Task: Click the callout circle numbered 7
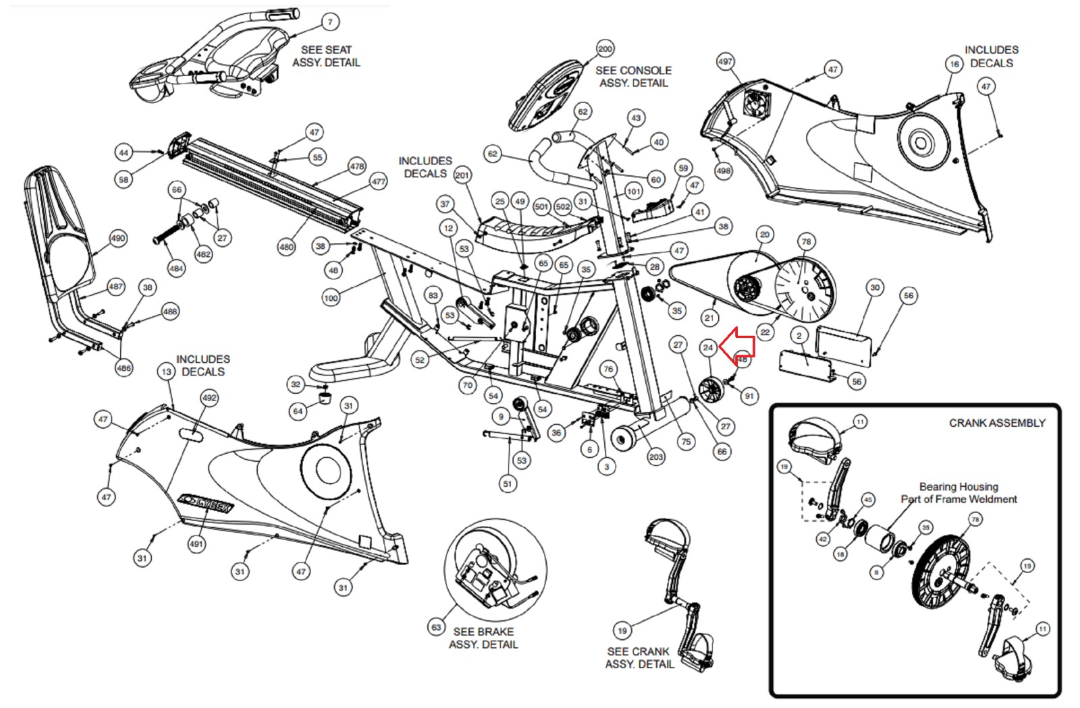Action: (330, 22)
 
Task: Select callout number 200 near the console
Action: (605, 49)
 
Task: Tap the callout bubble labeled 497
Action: (725, 61)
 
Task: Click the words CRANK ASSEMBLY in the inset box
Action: (996, 423)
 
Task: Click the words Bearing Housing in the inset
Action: (959, 486)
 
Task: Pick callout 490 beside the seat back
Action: (118, 238)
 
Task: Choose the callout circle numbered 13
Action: (167, 372)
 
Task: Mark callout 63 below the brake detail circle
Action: (436, 627)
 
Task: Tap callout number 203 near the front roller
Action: (656, 456)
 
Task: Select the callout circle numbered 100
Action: (331, 297)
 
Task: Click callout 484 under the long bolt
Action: (176, 268)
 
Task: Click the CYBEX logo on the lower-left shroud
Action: (206, 503)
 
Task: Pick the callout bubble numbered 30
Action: (875, 287)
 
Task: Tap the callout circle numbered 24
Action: (707, 347)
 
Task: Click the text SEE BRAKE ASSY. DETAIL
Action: (483, 638)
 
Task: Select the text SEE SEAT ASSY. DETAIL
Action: (326, 56)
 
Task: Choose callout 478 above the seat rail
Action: (357, 166)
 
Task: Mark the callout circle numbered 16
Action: (954, 64)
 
